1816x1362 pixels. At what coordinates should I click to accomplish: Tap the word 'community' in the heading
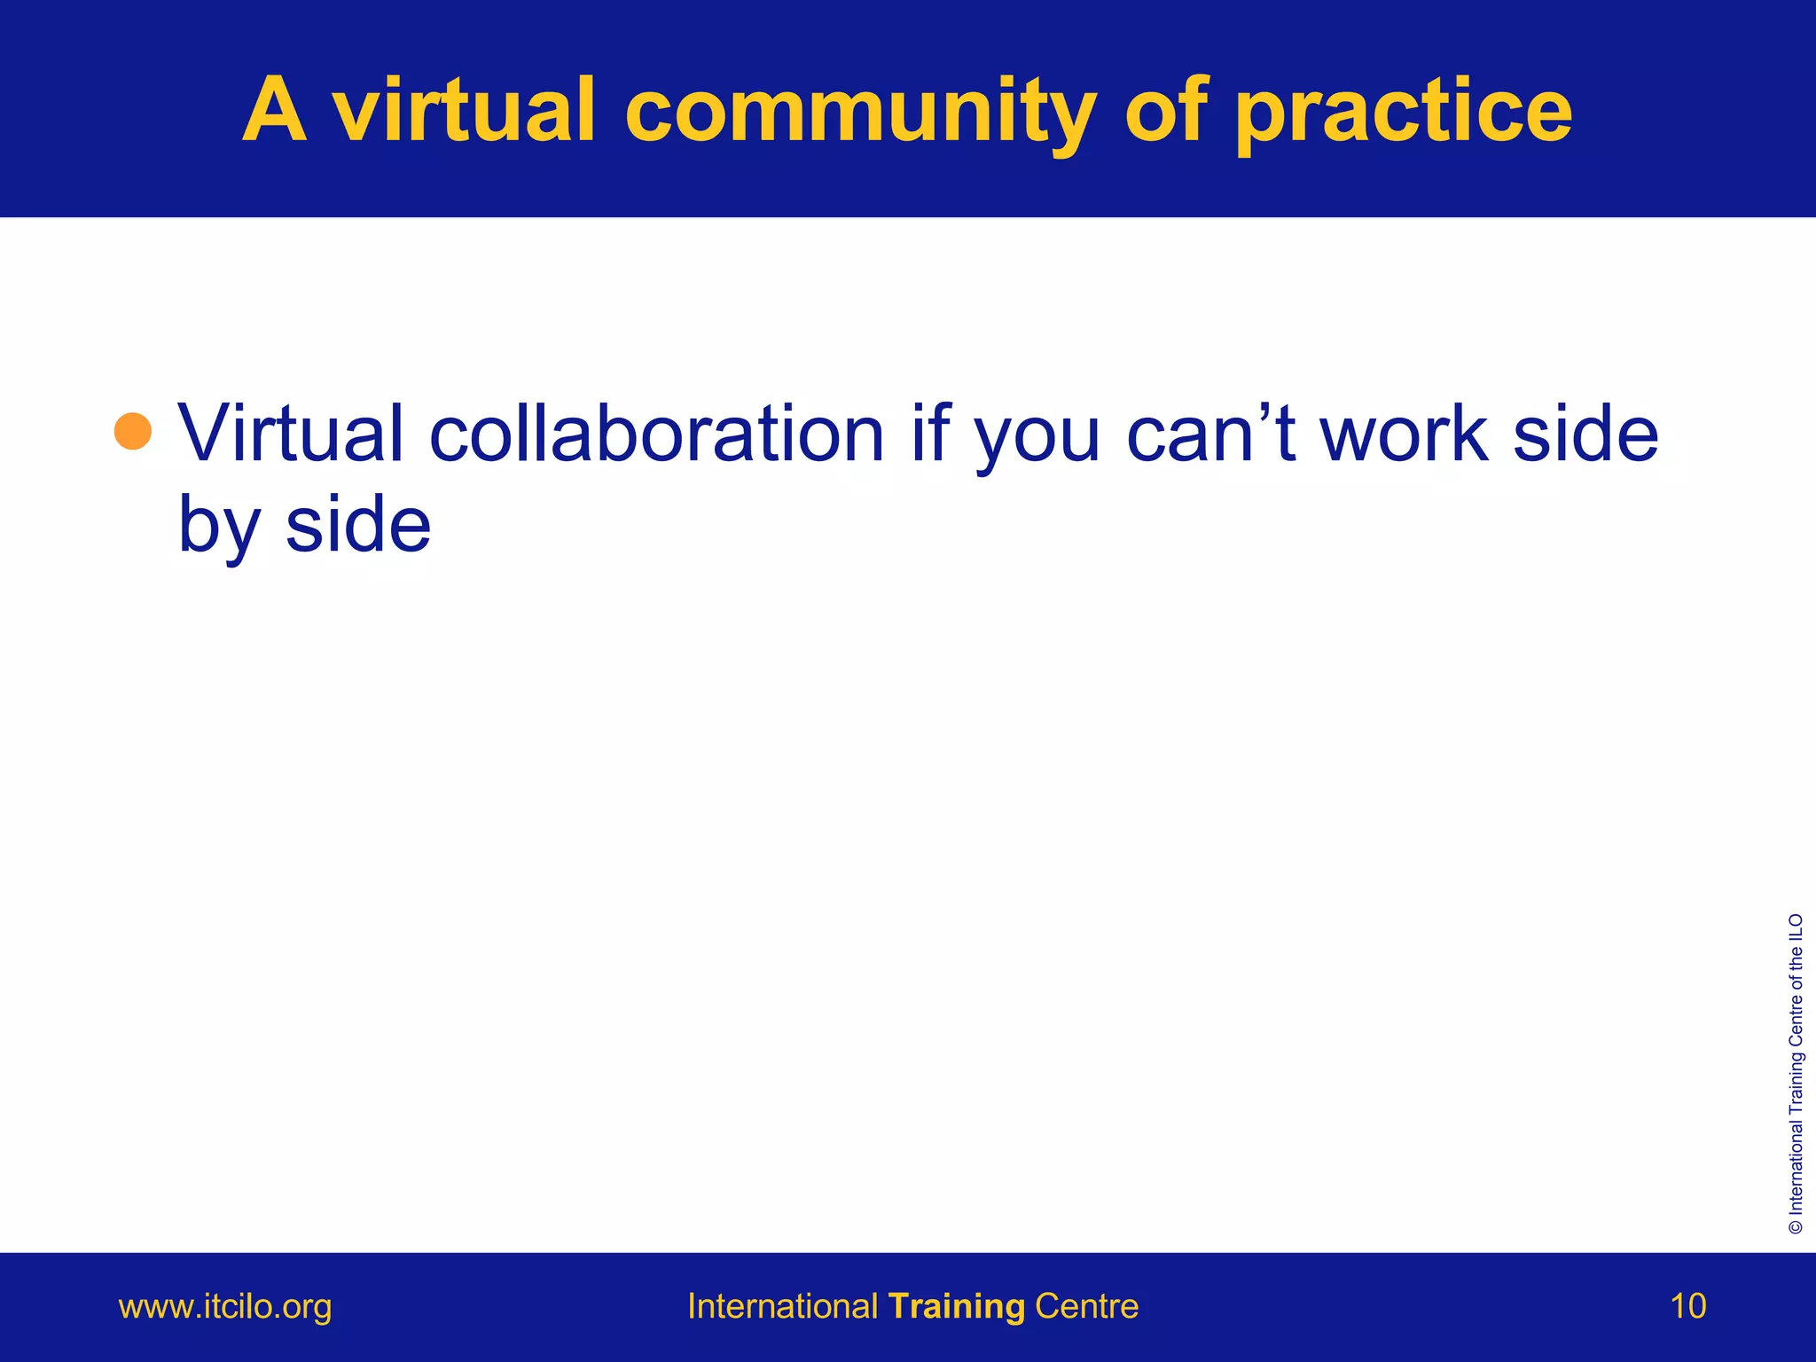point(860,111)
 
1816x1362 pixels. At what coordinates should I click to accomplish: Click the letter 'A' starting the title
point(275,111)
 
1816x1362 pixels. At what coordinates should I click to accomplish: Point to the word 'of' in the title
point(1166,111)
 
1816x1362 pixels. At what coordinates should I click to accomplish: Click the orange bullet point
point(133,432)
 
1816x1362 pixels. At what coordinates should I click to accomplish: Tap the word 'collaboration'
point(657,434)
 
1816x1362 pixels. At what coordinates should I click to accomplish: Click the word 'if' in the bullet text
point(932,434)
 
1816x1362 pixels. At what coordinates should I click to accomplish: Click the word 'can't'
point(1211,434)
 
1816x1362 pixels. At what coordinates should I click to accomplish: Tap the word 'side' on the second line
point(358,525)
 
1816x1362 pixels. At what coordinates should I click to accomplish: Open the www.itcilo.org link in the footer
point(225,1307)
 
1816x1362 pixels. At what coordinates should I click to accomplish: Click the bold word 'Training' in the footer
point(957,1307)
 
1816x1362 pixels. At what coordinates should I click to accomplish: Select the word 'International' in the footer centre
point(782,1307)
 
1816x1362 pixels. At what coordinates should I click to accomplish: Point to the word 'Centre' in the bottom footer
point(1086,1307)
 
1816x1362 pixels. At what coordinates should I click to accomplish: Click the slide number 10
point(1687,1307)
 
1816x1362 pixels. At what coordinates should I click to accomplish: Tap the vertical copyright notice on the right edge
point(1796,1073)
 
